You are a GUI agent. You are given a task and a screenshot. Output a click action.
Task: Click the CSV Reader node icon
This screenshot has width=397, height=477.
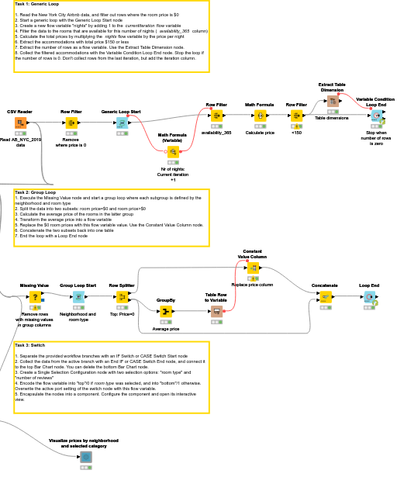pyautogui.click(x=20, y=123)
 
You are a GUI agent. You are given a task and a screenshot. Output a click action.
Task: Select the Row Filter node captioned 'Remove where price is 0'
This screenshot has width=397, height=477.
pyautogui.click(x=71, y=123)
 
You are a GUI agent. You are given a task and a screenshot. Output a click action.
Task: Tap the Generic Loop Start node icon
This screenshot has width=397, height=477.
pyautogui.click(x=122, y=123)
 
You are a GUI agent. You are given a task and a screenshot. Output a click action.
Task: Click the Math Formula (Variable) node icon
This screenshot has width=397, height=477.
pyautogui.click(x=173, y=151)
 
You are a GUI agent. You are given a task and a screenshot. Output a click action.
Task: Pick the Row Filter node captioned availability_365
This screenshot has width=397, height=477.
pyautogui.click(x=216, y=115)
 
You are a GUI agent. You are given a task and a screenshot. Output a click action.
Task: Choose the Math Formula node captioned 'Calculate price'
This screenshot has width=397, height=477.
pyautogui.click(x=260, y=115)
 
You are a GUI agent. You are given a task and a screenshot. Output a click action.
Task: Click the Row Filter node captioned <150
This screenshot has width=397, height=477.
pyautogui.click(x=296, y=115)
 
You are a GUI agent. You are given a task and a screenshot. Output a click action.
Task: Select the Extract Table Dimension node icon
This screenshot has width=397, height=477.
pyautogui.click(x=332, y=101)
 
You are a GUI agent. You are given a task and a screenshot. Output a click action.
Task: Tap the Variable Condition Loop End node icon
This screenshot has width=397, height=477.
pyautogui.click(x=375, y=116)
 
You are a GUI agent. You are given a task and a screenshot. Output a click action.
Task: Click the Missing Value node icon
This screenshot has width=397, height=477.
pyautogui.click(x=34, y=296)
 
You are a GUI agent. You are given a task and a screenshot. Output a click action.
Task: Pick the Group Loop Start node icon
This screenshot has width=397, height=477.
pyautogui.click(x=78, y=296)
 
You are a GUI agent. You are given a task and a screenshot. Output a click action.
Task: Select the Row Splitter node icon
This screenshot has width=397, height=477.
pyautogui.click(x=122, y=296)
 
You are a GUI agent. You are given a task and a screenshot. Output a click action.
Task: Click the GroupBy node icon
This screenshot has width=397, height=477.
pyautogui.click(x=165, y=312)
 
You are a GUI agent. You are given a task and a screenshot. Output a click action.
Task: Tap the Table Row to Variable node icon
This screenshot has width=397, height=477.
pyautogui.click(x=216, y=311)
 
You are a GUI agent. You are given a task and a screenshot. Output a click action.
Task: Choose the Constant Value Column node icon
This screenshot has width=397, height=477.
pyautogui.click(x=253, y=268)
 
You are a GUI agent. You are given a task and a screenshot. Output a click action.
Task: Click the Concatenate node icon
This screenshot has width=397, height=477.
pyautogui.click(x=325, y=296)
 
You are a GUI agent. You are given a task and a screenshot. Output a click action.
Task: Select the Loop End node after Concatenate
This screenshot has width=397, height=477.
pyautogui.click(x=369, y=296)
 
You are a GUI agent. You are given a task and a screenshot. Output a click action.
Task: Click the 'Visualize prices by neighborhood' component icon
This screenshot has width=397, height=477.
pyautogui.click(x=85, y=458)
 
